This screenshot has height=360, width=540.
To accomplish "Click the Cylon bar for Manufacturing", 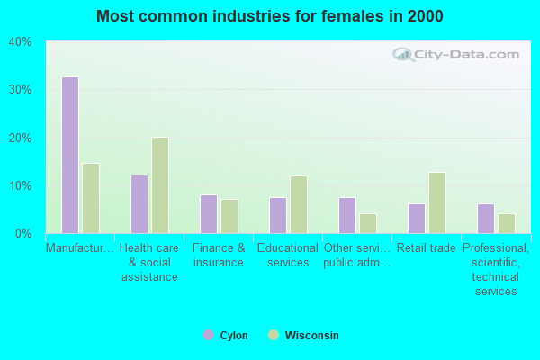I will [x=70, y=155].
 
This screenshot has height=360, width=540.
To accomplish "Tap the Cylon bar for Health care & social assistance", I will [x=139, y=204].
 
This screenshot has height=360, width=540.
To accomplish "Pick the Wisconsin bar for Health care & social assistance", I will [x=160, y=185].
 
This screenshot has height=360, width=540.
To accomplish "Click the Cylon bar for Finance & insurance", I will [x=209, y=214].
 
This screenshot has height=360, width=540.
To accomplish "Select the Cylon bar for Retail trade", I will [x=417, y=219].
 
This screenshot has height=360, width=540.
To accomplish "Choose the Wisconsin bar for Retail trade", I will [x=437, y=202].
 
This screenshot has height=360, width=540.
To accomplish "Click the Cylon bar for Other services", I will [x=347, y=215].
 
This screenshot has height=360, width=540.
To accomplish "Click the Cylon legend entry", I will [x=226, y=336].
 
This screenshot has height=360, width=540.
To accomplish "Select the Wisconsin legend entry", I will [x=303, y=336].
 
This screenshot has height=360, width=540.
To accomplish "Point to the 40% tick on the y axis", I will [x=20, y=42].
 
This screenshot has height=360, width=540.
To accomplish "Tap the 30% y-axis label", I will [x=20, y=90].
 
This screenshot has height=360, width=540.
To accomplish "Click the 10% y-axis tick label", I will [x=20, y=186].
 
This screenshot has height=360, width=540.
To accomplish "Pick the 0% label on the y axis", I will [x=22, y=234].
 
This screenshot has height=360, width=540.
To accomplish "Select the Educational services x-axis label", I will [x=287, y=256].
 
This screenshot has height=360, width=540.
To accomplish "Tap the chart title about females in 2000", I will [x=270, y=16].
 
